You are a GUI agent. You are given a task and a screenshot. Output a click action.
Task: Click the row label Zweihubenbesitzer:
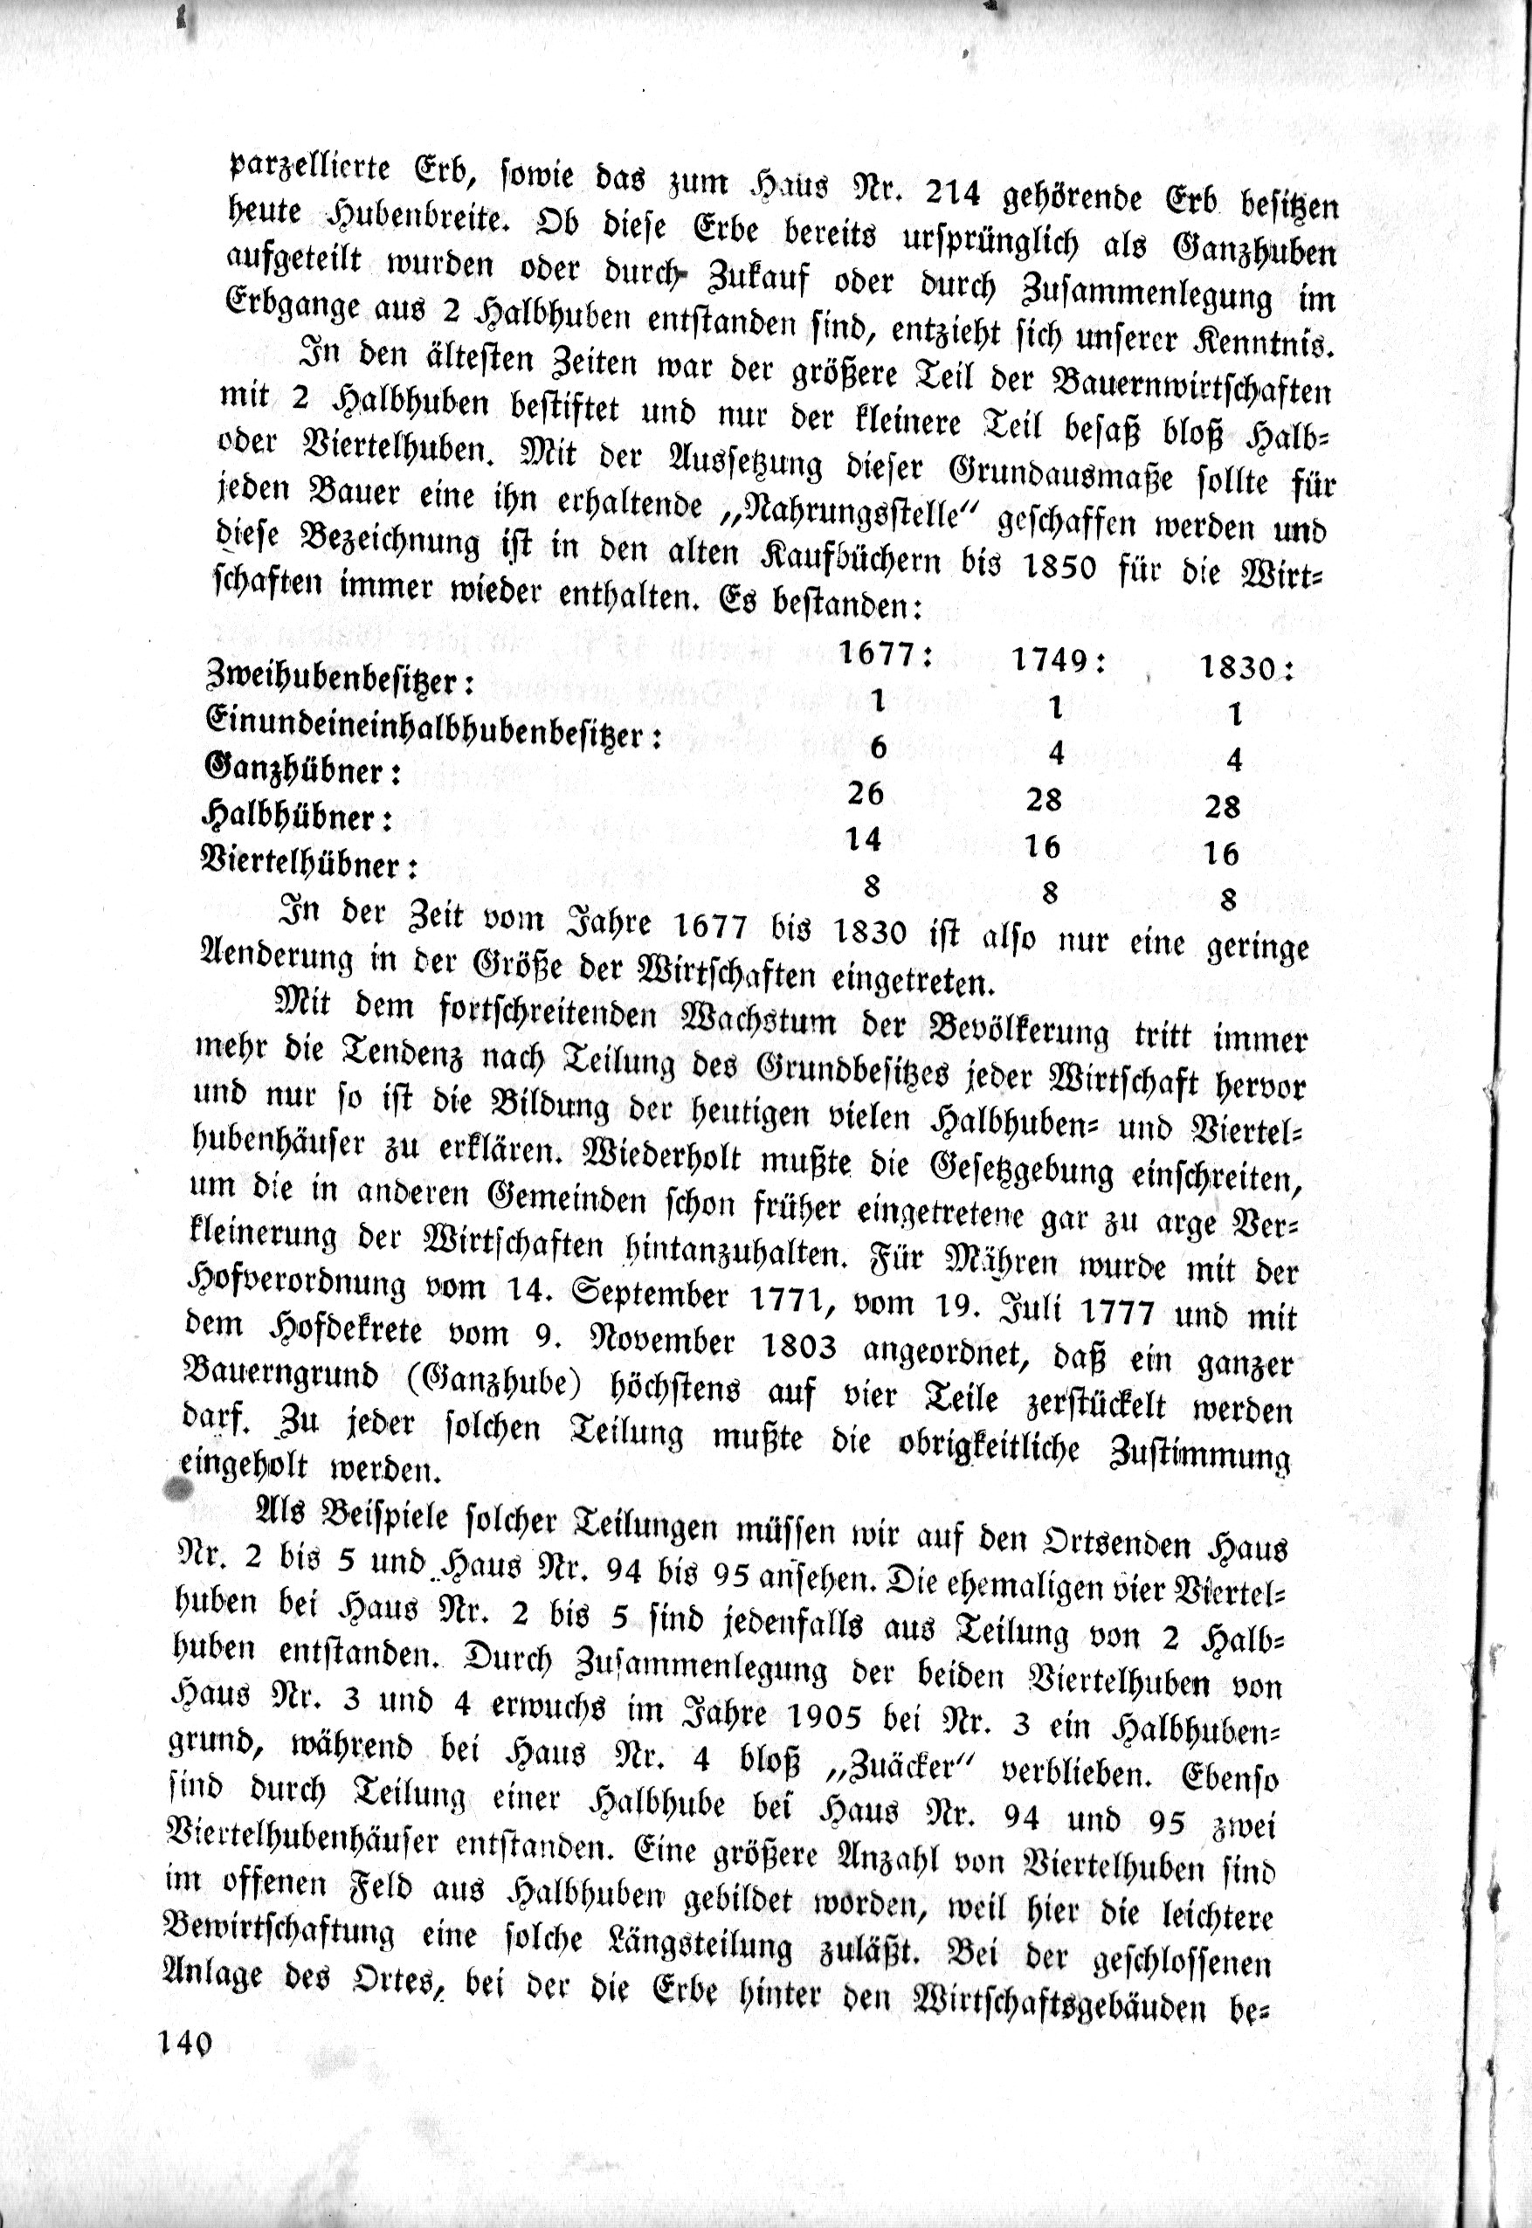click(x=342, y=680)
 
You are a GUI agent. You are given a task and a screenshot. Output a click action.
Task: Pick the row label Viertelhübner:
click(x=310, y=863)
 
